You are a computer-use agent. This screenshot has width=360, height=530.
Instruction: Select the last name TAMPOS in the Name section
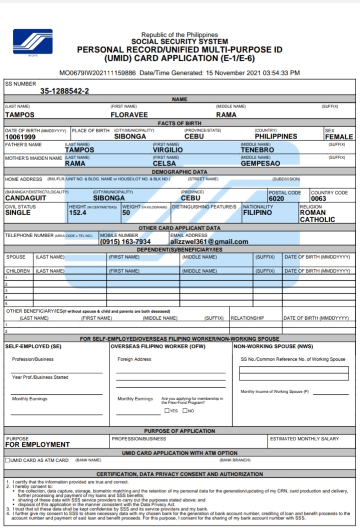19,115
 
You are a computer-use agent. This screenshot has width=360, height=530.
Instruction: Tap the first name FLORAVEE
129,115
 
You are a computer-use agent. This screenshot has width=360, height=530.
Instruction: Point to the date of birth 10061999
20,137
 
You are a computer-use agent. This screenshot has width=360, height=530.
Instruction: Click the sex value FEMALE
338,137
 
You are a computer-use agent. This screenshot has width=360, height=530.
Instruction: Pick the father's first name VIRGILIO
167,150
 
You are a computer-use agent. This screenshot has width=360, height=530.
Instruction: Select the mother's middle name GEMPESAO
260,163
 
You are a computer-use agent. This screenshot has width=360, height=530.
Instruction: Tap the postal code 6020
276,199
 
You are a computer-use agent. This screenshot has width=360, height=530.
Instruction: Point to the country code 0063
318,199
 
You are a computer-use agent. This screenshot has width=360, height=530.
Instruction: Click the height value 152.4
77,213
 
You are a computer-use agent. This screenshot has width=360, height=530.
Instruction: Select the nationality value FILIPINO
257,213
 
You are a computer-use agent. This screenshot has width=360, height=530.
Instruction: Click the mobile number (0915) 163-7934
125,242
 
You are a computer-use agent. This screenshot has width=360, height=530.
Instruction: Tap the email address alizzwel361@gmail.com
209,242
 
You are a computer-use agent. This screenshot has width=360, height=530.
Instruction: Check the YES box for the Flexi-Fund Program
166,411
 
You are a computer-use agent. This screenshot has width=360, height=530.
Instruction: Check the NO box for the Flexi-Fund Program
185,411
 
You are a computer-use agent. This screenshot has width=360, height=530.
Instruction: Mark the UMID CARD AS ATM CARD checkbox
7,460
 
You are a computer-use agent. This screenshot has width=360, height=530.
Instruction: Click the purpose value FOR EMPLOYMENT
37,444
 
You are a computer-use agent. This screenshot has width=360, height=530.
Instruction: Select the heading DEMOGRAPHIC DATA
179,172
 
